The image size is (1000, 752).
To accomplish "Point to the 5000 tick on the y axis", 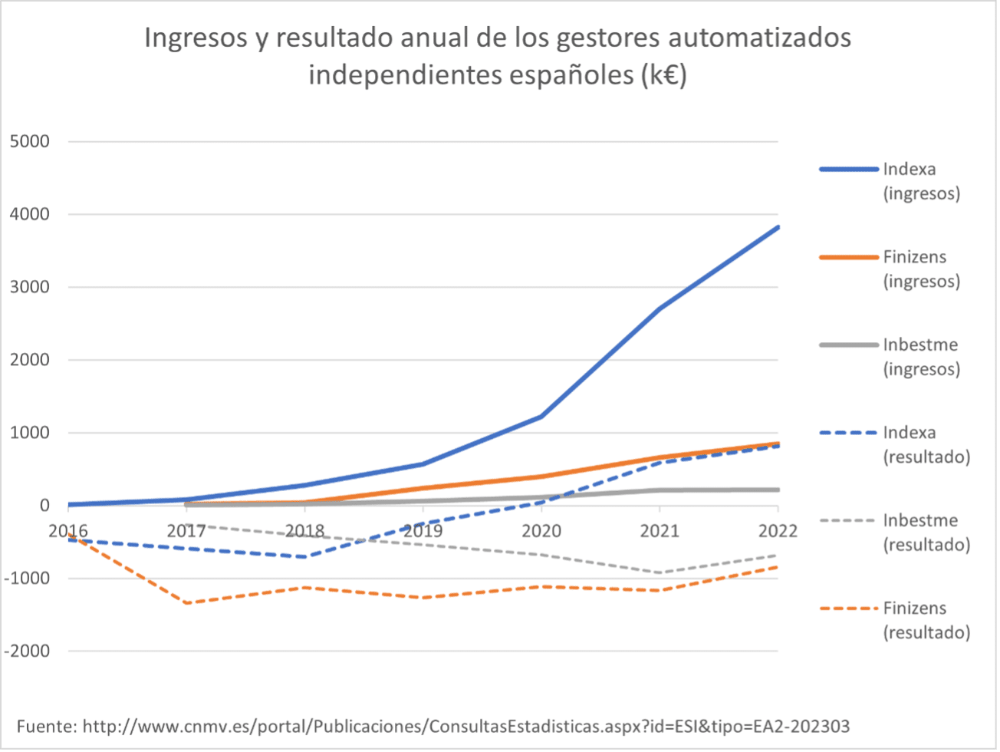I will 29,141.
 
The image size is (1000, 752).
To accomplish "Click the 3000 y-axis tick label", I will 29,287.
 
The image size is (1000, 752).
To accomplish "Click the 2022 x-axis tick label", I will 778,530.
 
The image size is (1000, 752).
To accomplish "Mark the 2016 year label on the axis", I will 68,530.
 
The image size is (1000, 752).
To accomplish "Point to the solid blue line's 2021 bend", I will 660,308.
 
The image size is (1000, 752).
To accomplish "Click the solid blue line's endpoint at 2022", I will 778,227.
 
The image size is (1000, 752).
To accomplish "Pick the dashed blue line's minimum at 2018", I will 305,556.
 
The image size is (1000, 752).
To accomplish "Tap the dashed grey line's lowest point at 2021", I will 660,572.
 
